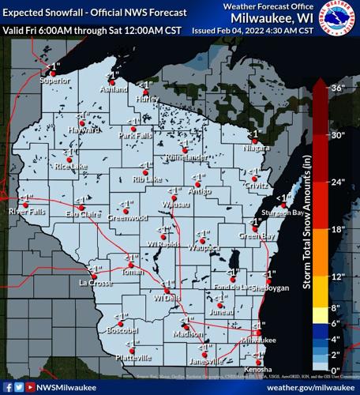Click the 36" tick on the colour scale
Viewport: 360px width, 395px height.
pos(339,88)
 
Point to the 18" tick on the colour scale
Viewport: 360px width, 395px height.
pos(339,229)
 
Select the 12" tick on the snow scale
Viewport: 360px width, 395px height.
pos(339,276)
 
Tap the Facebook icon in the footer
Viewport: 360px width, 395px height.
pos(8,388)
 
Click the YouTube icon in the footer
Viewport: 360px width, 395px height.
pos(30,388)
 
